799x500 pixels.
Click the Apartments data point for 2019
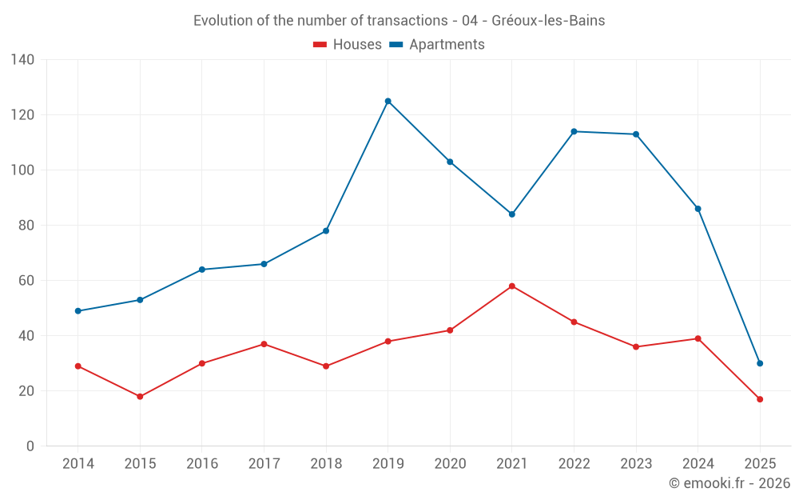pos(388,101)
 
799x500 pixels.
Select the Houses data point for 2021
pos(512,286)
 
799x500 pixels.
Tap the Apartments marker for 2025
pos(760,363)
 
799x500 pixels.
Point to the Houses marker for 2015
pos(140,397)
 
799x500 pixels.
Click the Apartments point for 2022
pos(574,131)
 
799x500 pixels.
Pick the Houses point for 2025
pos(760,399)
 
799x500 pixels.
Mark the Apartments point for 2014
pos(78,311)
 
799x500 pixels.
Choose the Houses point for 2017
pos(264,344)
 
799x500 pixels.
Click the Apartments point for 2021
pos(512,214)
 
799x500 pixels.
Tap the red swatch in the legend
pos(320,45)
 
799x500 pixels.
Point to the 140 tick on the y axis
pos(23,60)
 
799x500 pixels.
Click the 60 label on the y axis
pos(26,281)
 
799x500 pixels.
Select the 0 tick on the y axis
pos(30,446)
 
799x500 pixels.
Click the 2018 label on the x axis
pos(326,464)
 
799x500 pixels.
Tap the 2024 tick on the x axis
pos(698,464)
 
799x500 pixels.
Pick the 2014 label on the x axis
pos(78,464)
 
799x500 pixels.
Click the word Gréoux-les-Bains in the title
pos(549,21)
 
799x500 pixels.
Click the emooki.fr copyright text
pos(729,483)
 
